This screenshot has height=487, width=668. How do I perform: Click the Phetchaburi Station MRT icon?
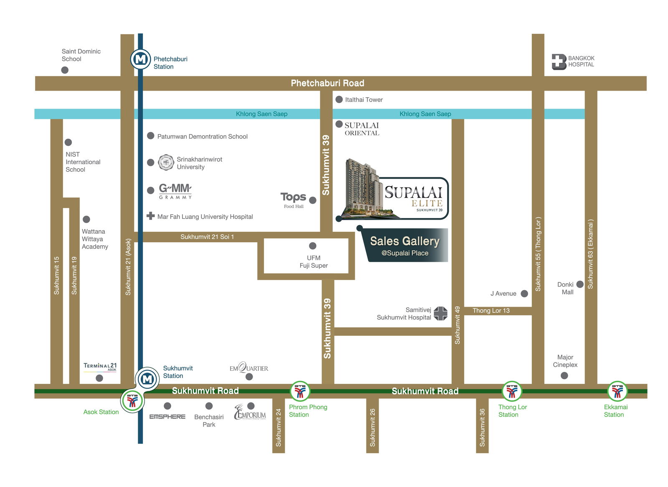pos(140,59)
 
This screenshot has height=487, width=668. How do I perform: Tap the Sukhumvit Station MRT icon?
pos(147,379)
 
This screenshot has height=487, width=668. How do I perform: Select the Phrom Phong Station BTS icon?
pos(300,391)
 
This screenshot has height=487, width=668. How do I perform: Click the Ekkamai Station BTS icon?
pos(617,391)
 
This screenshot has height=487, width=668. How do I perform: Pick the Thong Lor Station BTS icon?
pos(511,391)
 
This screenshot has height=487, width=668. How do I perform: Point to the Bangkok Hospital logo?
pos(559,62)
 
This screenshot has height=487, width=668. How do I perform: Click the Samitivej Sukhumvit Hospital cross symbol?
pos(440,313)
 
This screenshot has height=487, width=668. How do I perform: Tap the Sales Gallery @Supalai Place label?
pos(405,246)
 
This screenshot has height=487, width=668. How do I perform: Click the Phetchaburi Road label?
pos(327,83)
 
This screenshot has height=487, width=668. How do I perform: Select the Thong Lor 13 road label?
pos(491,311)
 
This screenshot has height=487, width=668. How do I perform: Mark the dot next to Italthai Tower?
pos(339,99)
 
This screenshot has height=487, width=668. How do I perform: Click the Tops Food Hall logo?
pos(294,199)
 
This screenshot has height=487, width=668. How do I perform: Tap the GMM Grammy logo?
pos(175,191)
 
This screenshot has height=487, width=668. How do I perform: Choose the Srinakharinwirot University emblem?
pos(166,162)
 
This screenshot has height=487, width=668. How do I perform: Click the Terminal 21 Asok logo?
pos(100,367)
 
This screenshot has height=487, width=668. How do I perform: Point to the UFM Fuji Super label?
pos(314,261)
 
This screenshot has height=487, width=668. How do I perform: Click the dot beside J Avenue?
pos(524,294)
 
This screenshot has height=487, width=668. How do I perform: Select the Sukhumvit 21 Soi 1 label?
pos(207,237)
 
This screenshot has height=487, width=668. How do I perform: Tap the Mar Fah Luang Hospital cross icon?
pos(151,216)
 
